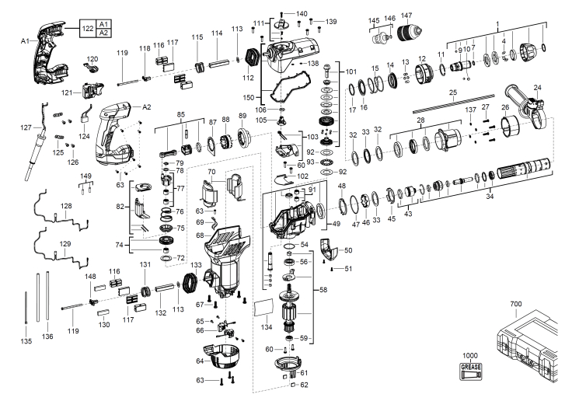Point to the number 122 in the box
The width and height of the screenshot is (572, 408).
point(88,28)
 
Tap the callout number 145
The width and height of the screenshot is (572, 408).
point(374,19)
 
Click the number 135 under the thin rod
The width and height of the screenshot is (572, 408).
point(26,340)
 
